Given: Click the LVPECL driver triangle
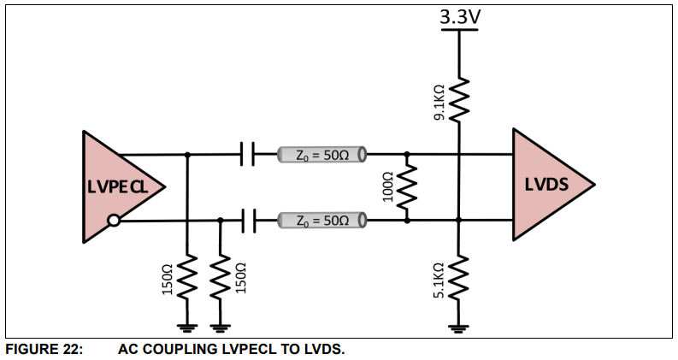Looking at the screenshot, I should pos(115,186).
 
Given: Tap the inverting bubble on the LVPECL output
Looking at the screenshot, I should pos(114,221).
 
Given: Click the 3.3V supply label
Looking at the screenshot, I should pos(459,16).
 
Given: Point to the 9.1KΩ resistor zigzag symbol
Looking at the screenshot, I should pos(459,100).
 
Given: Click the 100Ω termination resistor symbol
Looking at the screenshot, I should pos(407,187).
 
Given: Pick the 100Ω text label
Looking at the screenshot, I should pos(387,187).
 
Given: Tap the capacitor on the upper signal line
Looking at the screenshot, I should pos(247,155).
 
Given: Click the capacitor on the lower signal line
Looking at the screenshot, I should pos(247,221).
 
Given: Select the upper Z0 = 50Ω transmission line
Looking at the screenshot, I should pos(321,155).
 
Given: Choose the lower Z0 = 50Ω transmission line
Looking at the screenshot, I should pos(321,221).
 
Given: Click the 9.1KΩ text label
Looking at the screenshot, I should pos(439,102).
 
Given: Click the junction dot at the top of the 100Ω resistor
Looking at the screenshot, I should pos(407,155).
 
